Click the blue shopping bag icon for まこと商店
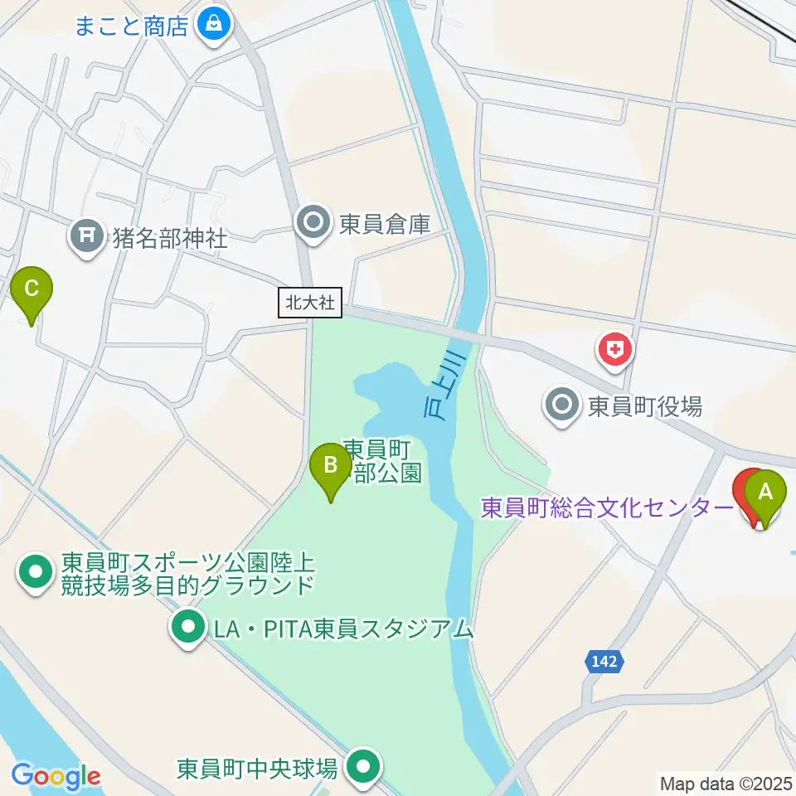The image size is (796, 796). click(214, 23)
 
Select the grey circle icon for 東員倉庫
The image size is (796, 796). click(314, 222)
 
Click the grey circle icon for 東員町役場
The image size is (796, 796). click(563, 405)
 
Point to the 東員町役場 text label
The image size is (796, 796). click(645, 406)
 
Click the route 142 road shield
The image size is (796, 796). click(604, 661)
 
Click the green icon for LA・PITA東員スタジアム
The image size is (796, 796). click(188, 629)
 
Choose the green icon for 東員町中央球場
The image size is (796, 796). click(362, 768)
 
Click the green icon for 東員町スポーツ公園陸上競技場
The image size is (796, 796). click(36, 574)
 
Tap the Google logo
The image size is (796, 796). click(56, 776)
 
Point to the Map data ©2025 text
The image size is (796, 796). click(724, 782)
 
